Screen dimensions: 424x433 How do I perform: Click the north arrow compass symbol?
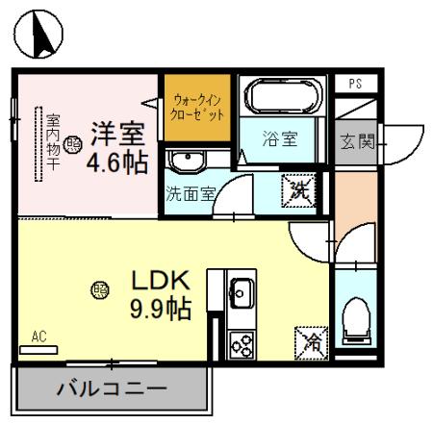39,36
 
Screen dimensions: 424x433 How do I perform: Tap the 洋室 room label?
118,130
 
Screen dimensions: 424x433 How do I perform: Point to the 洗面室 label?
190,191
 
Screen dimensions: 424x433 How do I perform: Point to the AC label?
38,337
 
